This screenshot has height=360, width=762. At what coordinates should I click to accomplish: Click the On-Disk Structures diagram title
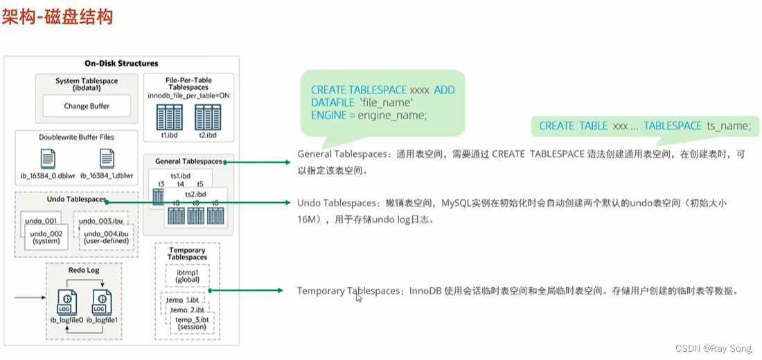point(121,64)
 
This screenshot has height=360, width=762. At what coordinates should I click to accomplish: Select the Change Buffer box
point(87,106)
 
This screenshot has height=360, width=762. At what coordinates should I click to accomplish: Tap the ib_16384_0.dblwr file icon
point(48,159)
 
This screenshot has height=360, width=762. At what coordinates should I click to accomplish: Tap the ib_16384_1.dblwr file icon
point(107,159)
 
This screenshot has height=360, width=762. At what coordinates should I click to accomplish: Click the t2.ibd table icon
point(208,117)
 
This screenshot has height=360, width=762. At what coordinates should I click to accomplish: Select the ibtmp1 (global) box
point(187,276)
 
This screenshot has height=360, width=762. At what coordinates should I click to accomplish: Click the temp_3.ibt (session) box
point(191,323)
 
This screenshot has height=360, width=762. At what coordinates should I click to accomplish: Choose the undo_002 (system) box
point(46,237)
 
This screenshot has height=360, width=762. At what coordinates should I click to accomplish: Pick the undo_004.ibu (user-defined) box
point(106,237)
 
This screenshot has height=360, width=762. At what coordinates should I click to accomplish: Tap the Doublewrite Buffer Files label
point(76,137)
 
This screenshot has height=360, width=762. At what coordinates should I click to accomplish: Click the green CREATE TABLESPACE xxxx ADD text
point(382,91)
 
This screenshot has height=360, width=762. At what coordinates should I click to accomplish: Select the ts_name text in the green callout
point(727,126)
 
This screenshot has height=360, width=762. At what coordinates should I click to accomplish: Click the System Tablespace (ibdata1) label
point(87,84)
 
